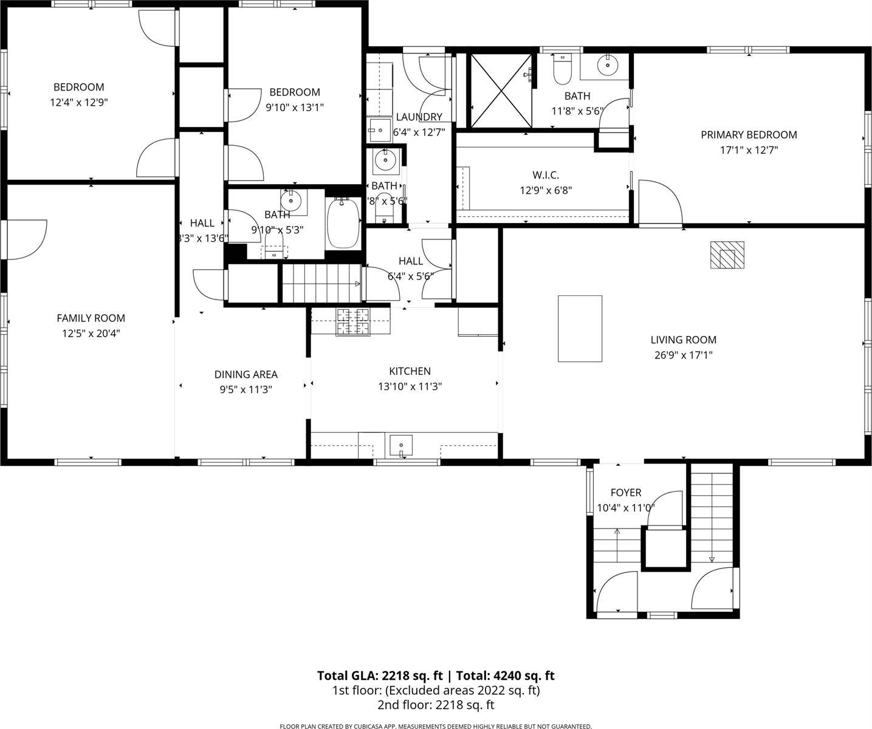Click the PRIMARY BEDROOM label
pos(749,135)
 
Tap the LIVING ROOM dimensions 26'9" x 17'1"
pos(683,355)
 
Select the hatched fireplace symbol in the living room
pos(727,255)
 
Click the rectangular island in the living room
pos(580,329)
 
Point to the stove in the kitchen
pos(354,321)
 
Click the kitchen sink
pos(400,445)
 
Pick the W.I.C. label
pos(546,175)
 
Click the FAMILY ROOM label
pos(91,318)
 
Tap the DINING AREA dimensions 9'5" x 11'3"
pos(245,389)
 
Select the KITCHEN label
pos(410,371)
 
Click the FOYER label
pos(625,493)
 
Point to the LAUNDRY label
pos(419,117)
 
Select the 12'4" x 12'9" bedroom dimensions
pos(78,103)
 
